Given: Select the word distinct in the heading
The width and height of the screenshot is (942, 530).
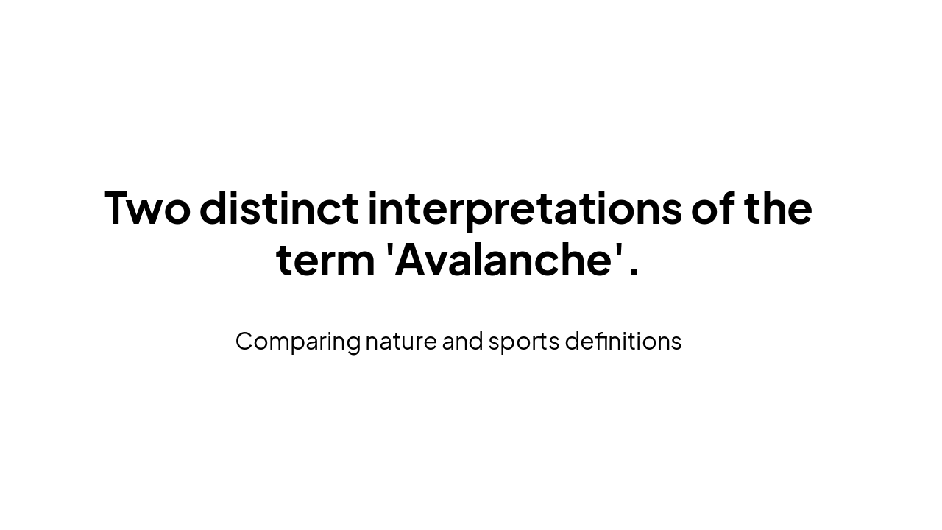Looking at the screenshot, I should point(279,208).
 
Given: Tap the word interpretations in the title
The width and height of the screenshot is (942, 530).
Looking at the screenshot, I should point(525,208).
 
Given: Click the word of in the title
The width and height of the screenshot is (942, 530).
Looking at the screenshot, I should point(713,208).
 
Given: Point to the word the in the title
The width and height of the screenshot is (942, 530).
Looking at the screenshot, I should point(778,208).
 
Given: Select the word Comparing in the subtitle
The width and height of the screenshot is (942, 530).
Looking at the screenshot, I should point(297,342).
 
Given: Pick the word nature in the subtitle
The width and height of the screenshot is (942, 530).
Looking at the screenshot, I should point(401,342).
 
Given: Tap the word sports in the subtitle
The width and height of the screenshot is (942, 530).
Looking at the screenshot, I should point(524,342).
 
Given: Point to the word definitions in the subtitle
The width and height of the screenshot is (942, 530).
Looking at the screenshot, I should point(623,342).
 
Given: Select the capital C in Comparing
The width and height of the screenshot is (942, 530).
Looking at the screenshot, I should point(245,342).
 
